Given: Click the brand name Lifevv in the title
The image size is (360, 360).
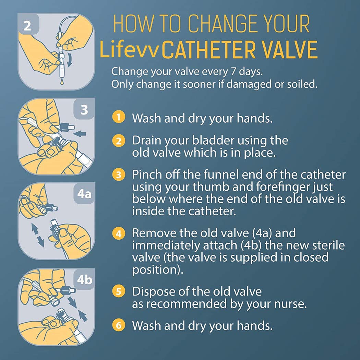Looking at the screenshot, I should [129, 50].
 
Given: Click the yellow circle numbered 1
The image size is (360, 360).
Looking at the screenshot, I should [118, 118].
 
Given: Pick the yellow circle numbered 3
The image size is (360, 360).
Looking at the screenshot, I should [118, 175].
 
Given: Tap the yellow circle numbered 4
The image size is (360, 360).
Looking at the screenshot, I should [118, 234].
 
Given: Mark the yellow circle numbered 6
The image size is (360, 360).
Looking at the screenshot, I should [118, 325].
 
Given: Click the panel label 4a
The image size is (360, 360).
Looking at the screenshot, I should [84, 194].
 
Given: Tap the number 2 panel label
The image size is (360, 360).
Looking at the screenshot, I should [27, 26].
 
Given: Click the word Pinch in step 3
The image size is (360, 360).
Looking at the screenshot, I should [146, 175].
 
